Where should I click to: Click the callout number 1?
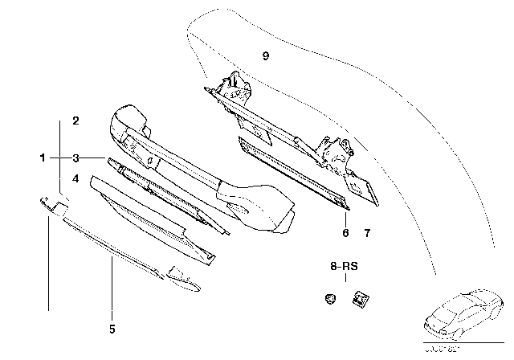pos(43,158)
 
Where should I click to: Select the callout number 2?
pos(75,122)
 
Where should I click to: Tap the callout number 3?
pos(75,158)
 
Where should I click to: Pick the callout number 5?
pos(112,328)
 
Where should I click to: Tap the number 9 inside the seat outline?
pos(265,55)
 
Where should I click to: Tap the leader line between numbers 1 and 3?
pos(59,158)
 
